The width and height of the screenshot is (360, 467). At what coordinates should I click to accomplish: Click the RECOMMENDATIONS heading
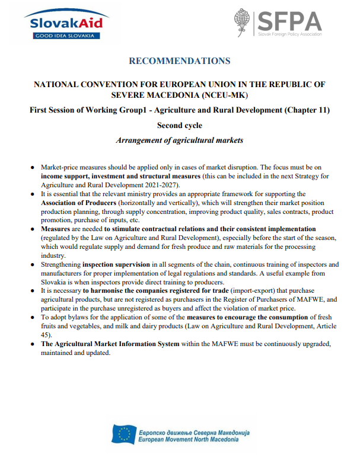pos(179,61)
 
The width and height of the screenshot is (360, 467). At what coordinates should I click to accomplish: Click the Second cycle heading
pos(179,126)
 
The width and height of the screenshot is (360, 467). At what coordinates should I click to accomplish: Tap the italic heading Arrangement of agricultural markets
pos(179,141)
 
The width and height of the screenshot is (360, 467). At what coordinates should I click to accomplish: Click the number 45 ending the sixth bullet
pos(44,334)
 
